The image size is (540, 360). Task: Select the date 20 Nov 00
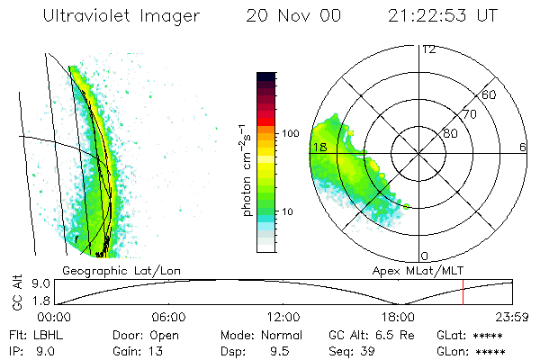[289, 16]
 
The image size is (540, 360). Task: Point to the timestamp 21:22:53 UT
[441, 16]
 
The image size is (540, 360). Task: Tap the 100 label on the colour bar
[291, 133]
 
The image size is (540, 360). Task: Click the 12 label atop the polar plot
[428, 49]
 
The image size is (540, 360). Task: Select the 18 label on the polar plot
[319, 147]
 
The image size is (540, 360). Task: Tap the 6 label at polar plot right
[523, 147]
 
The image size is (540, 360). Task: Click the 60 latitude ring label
[490, 94]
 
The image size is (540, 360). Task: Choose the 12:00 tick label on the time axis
[283, 317]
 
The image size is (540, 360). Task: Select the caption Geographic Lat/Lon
[103, 270]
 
